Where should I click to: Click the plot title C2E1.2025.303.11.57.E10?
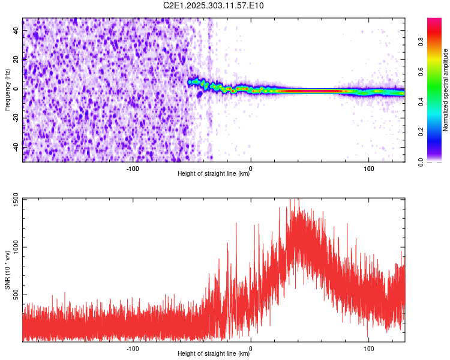click(x=214, y=6)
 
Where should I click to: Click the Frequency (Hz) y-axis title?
click(x=7, y=90)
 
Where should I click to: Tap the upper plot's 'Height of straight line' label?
click(x=214, y=174)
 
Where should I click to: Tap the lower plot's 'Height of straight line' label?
click(x=214, y=354)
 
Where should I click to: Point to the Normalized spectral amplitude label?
click(x=446, y=90)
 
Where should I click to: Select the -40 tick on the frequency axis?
click(x=16, y=146)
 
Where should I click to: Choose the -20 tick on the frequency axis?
click(x=16, y=118)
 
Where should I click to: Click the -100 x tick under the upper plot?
click(x=133, y=168)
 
